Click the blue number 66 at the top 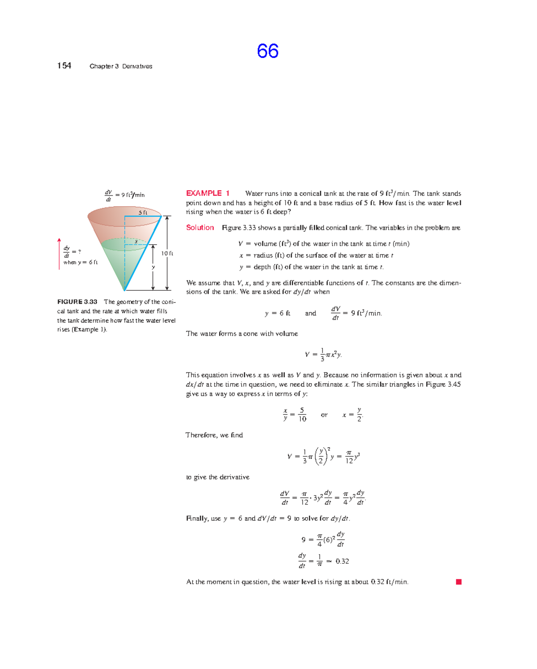point(268,51)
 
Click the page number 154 point(64,66)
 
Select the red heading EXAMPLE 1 point(208,193)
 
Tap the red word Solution point(200,228)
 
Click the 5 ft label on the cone point(143,212)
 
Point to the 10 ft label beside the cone point(167,253)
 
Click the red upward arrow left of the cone point(59,254)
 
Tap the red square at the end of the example point(459,582)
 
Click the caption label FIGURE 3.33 point(77,302)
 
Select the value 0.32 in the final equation point(342,561)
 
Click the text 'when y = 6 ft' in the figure point(81,263)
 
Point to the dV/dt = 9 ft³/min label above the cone point(125,194)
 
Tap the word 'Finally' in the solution point(197,518)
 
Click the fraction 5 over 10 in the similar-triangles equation point(303,414)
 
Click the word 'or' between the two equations point(324,415)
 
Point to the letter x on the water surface point(136,242)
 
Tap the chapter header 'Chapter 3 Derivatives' point(121,66)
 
